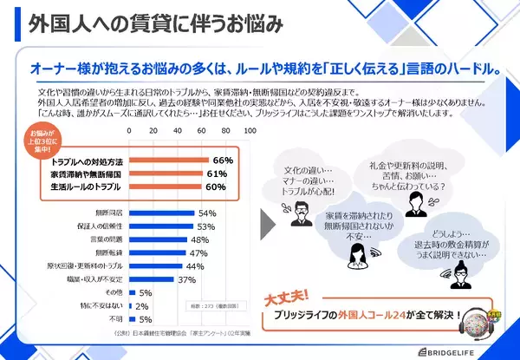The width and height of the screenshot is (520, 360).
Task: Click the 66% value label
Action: point(223,160)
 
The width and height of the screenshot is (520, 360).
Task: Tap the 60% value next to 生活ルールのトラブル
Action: point(216,187)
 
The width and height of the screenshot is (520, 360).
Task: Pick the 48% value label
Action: point(198,239)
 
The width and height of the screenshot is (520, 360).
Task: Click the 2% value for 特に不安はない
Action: point(143,306)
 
